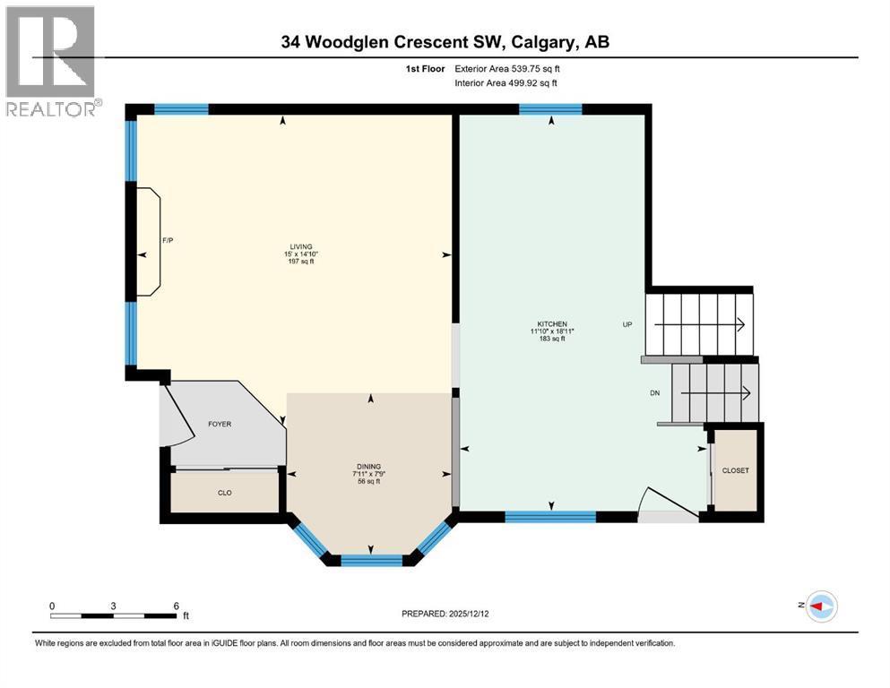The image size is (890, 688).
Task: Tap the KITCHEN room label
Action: coord(552,323)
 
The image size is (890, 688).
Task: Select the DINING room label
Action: coord(368,466)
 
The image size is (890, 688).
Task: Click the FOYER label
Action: coord(220,424)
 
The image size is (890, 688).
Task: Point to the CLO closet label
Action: coord(225,492)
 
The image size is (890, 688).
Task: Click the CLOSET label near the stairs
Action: coord(735,470)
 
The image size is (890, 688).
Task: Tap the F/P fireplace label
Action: coord(167,240)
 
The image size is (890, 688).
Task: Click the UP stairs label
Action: coord(628,324)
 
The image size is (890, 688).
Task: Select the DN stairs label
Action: coord(654,391)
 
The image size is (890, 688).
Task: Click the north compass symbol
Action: coord(819,606)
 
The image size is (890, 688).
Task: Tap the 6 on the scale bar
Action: coord(175,606)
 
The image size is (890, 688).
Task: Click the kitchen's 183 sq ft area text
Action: coord(551,340)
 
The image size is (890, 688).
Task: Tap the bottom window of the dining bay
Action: coord(372,561)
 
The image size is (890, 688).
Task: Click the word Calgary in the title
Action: coord(552,41)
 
